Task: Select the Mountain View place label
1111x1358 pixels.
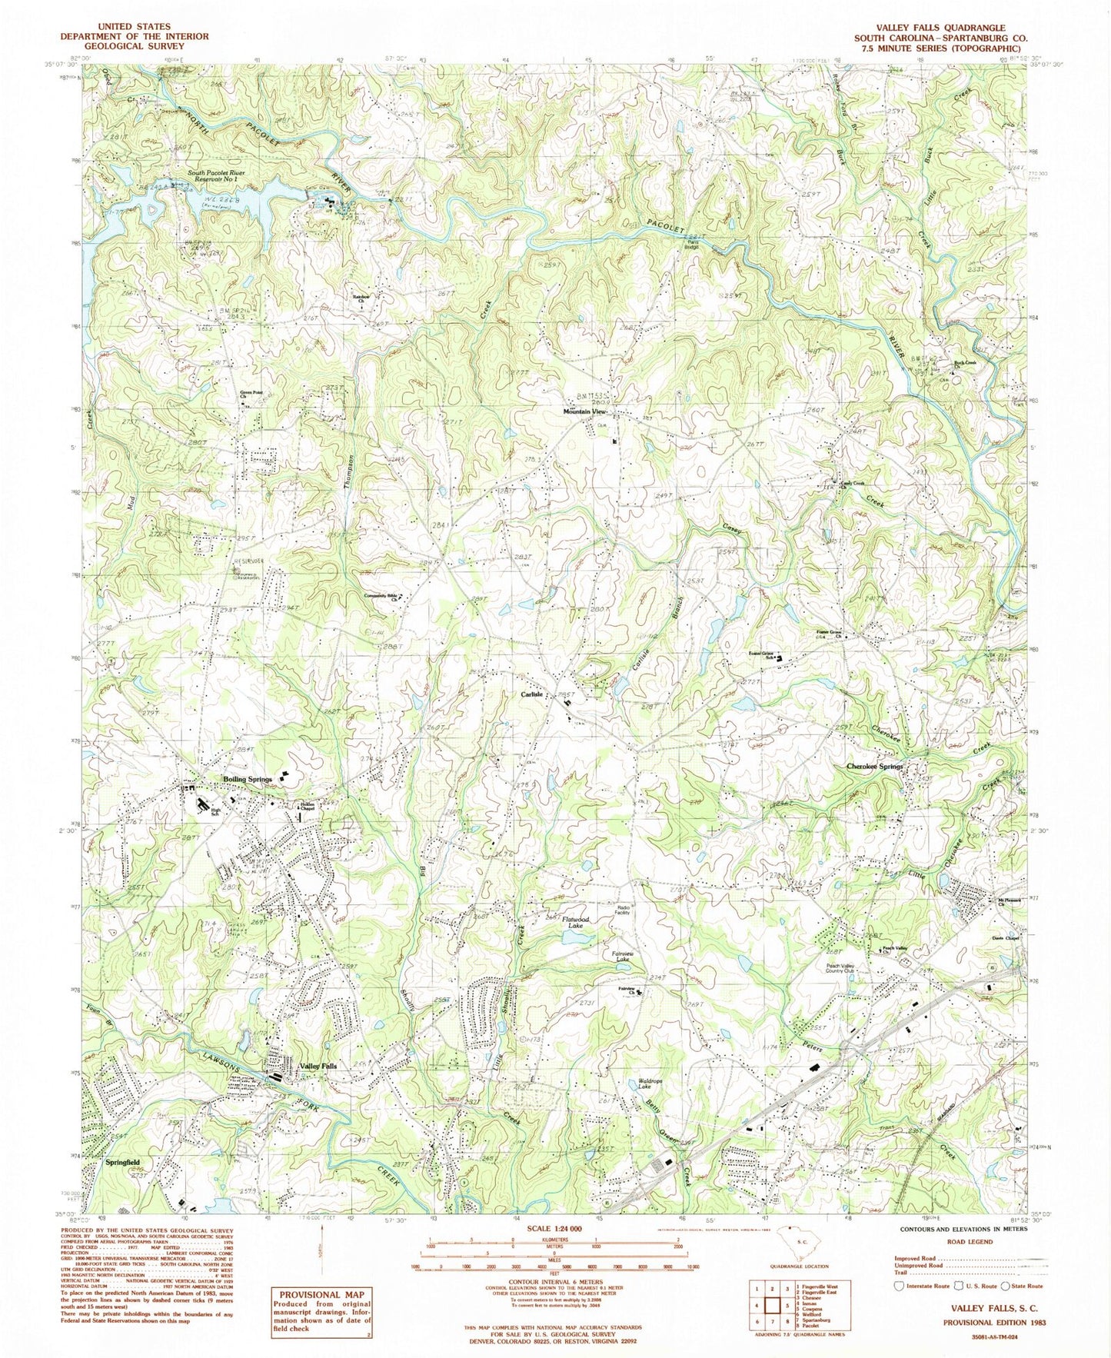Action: [586, 411]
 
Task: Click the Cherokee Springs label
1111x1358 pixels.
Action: [874, 767]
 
